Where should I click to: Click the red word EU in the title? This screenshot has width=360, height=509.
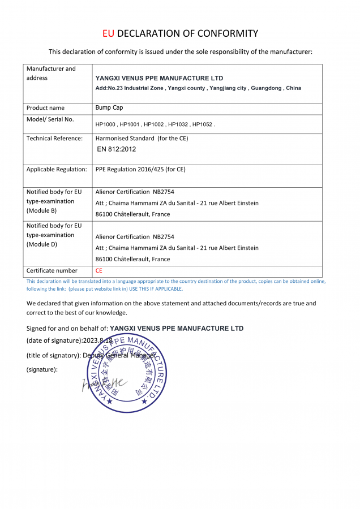tap(109, 33)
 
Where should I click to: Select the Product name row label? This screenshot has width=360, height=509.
tap(45, 107)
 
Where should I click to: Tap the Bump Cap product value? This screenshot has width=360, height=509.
tap(109, 107)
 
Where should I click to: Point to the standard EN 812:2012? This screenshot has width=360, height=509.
tap(117, 149)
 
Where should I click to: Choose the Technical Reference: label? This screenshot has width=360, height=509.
tap(54, 138)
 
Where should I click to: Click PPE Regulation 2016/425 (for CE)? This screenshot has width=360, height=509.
tap(140, 169)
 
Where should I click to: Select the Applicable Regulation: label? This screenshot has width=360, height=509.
tap(57, 169)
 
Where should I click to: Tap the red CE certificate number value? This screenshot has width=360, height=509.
tap(99, 271)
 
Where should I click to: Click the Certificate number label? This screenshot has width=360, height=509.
tap(52, 271)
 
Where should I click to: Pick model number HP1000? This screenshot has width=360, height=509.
tap(106, 124)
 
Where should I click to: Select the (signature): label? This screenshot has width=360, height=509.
tap(42, 369)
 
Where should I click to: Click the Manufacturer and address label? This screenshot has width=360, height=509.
tap(51, 74)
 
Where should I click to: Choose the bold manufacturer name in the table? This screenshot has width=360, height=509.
tap(159, 78)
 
